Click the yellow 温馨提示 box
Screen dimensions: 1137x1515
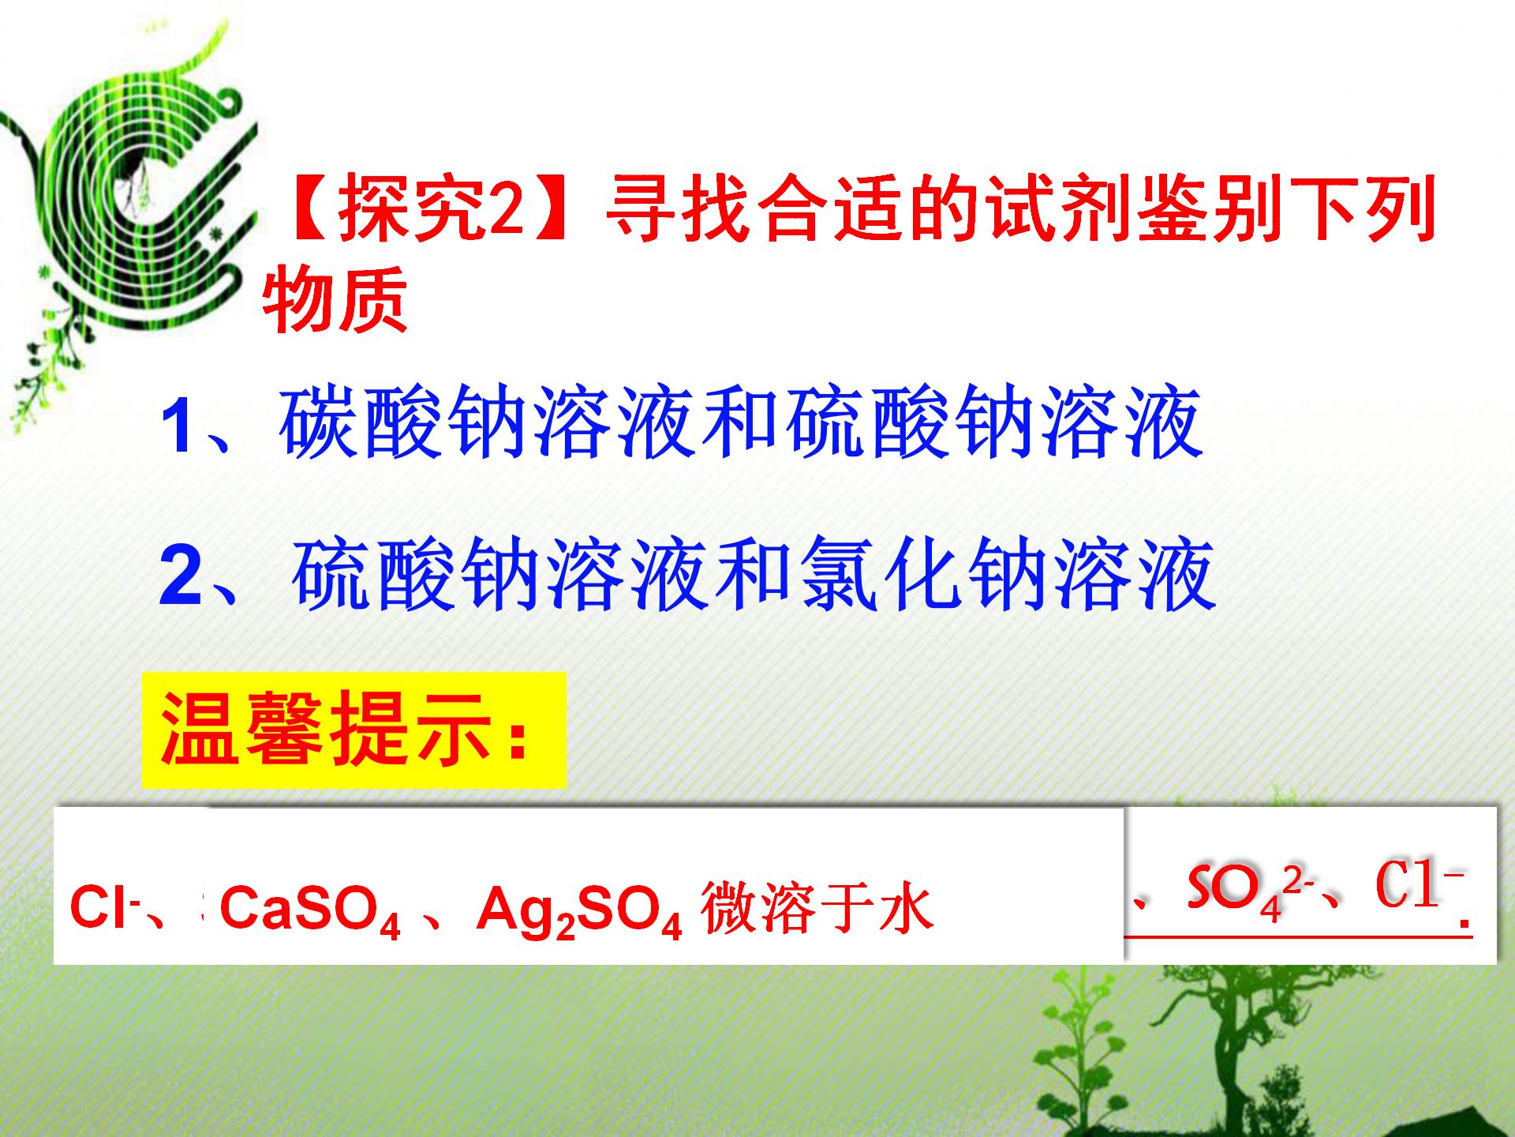(353, 730)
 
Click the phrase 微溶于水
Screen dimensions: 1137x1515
(817, 908)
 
